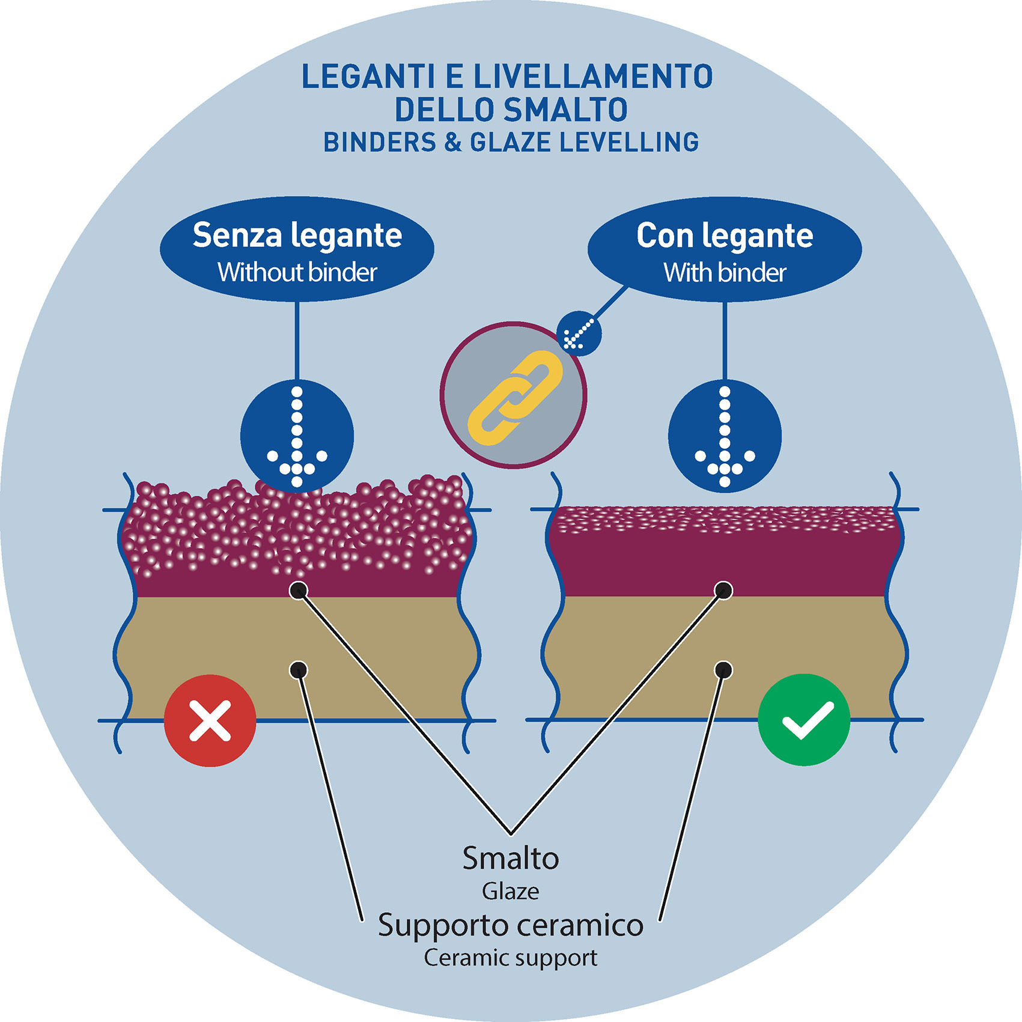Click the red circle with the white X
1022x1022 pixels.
210,720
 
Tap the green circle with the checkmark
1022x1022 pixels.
804,720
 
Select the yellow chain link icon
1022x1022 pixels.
514,397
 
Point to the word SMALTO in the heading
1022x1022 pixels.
566,110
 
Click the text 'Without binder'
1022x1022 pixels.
297,273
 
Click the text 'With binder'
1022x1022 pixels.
725,273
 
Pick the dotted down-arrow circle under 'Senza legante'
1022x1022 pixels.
297,436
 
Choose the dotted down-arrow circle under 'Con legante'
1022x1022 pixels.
725,436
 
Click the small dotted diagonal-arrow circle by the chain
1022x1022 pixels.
579,333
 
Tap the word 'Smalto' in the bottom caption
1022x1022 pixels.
511,859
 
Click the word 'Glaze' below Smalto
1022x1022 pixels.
511,891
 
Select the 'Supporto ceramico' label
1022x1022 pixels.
511,925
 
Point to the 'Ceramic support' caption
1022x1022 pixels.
511,958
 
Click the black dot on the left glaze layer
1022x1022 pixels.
299,591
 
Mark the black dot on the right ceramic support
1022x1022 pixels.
724,669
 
